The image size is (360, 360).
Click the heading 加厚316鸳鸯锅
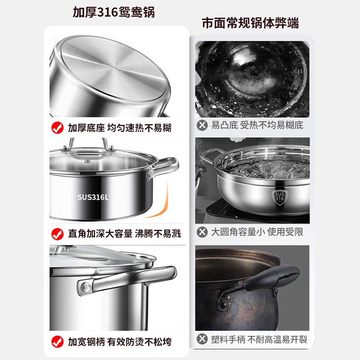[113, 12]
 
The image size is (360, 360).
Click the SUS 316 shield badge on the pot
[279, 197]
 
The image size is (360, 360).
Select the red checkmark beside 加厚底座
[57, 128]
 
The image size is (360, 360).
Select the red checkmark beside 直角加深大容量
[57, 234]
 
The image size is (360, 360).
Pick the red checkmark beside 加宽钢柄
[57, 341]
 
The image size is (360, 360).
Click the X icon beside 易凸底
[202, 125]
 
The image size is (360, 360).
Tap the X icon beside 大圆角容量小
[202, 232]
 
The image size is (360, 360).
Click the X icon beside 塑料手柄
[202, 339]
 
